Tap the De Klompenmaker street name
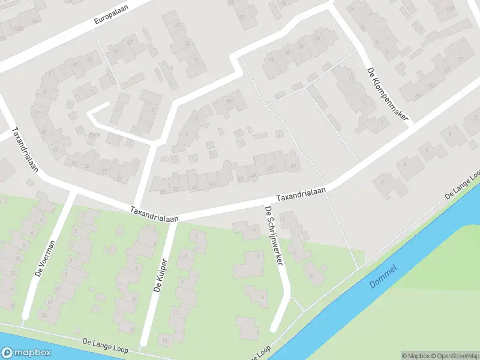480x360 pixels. [387, 94]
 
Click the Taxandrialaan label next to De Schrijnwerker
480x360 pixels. [301, 194]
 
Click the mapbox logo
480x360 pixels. [26, 353]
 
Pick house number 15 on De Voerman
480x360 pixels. [41, 313]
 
